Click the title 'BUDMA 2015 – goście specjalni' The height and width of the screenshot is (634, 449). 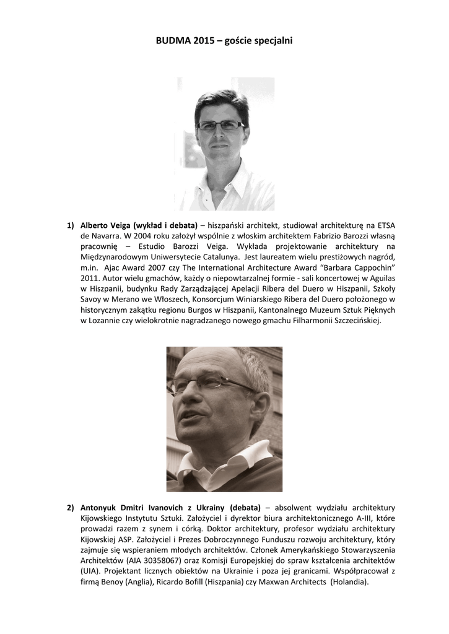[x=224, y=41]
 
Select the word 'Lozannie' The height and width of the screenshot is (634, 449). [x=107, y=321]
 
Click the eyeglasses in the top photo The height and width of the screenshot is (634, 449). [x=220, y=125]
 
